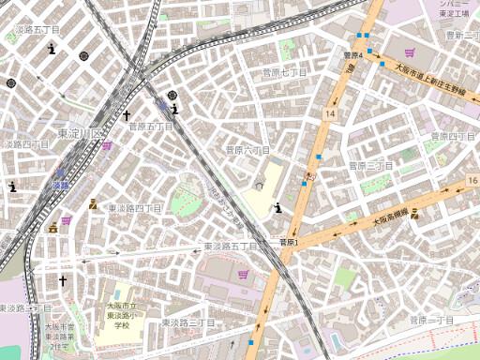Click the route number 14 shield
[x=330, y=112]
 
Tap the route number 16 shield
[x=472, y=179]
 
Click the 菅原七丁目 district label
[x=285, y=72]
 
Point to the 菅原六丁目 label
[x=247, y=150]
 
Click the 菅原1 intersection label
[x=289, y=242]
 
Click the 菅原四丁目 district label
[x=455, y=137]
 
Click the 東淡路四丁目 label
[x=130, y=207]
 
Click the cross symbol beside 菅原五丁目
[x=127, y=115]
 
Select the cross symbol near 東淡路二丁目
[x=63, y=280]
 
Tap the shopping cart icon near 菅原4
[x=410, y=52]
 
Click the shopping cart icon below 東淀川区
[x=107, y=145]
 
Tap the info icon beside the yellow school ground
[x=277, y=207]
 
